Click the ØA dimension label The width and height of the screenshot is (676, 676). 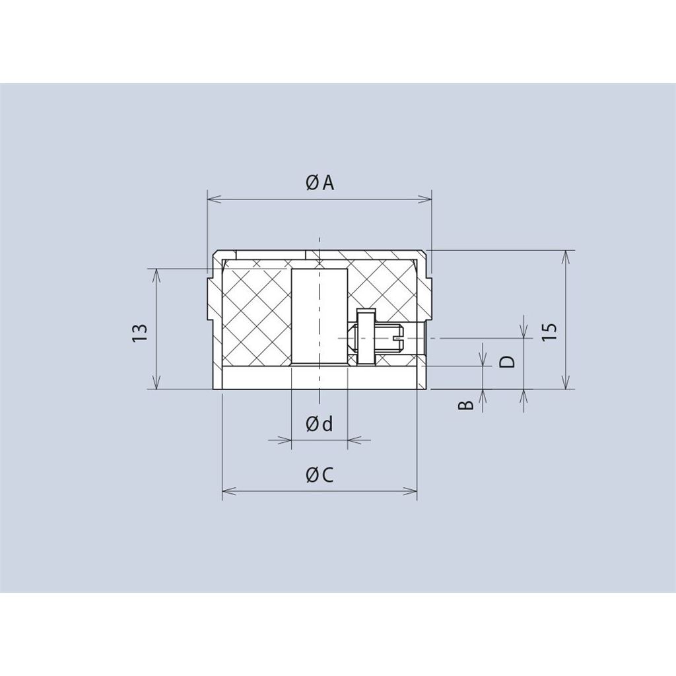pos(320,183)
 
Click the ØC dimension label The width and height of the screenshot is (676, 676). pos(320,475)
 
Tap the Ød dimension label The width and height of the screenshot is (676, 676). pos(320,424)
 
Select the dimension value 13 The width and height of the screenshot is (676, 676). pos(140,333)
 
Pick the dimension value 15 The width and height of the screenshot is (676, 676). pos(550,331)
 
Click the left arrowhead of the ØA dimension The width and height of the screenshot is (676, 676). pos(215,199)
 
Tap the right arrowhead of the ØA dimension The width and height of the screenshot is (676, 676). pos(424,199)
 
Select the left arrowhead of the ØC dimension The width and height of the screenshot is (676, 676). pos(229,491)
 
